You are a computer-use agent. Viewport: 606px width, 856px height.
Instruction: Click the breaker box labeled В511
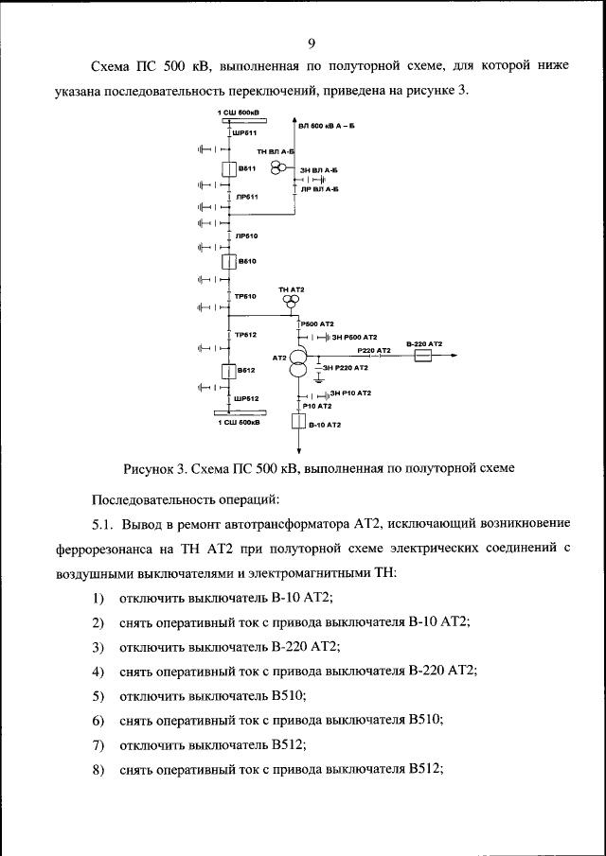[228, 169]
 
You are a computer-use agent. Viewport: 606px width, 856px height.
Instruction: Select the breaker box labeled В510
[228, 261]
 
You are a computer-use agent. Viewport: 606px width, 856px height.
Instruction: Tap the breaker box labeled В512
[228, 372]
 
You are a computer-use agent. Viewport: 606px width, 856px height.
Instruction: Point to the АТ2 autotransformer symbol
[298, 363]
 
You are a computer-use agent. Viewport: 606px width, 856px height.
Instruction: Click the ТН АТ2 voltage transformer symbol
[291, 302]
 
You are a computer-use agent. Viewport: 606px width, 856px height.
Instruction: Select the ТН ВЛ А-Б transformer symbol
[278, 167]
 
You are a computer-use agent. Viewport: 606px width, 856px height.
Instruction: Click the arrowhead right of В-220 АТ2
[460, 356]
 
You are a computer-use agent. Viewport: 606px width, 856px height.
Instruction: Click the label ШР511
[244, 134]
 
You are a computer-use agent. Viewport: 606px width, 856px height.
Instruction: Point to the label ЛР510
[246, 236]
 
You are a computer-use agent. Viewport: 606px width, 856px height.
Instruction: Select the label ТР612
[246, 335]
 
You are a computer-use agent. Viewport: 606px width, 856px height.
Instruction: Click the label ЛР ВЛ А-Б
[319, 189]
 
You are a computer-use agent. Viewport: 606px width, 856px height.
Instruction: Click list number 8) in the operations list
[98, 769]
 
